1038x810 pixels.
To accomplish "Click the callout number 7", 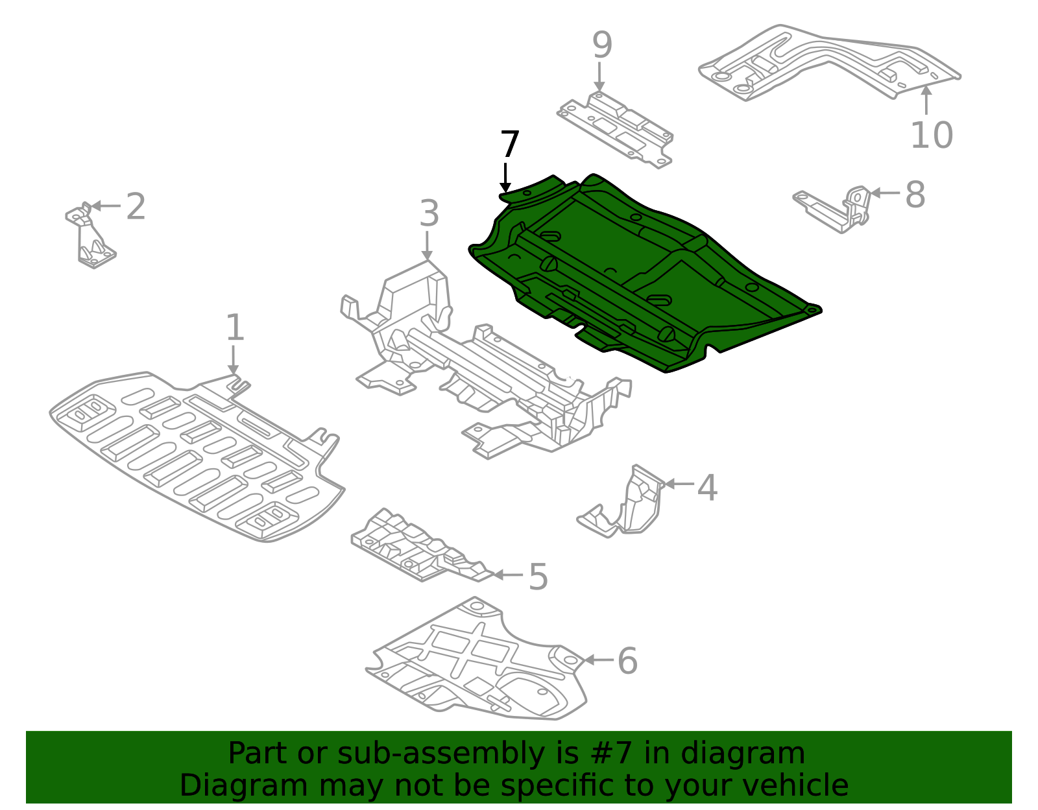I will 510,145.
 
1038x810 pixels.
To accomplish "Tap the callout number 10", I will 932,136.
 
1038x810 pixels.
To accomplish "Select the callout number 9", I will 601,45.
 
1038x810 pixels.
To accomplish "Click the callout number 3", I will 429,213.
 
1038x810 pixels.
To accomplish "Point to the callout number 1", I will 234,328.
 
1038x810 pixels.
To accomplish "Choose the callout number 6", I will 627,661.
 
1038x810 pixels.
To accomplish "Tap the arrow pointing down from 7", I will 505,178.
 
